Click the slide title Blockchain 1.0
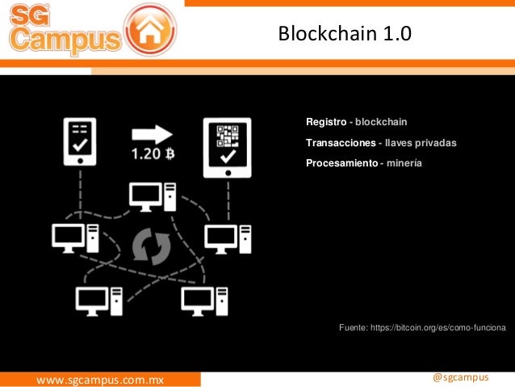pyautogui.click(x=344, y=34)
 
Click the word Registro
pyautogui.click(x=324, y=122)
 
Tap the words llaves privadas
pyautogui.click(x=421, y=143)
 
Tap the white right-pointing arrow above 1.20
pyautogui.click(x=153, y=133)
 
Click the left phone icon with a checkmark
pyautogui.click(x=80, y=139)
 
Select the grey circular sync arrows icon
pyautogui.click(x=152, y=247)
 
